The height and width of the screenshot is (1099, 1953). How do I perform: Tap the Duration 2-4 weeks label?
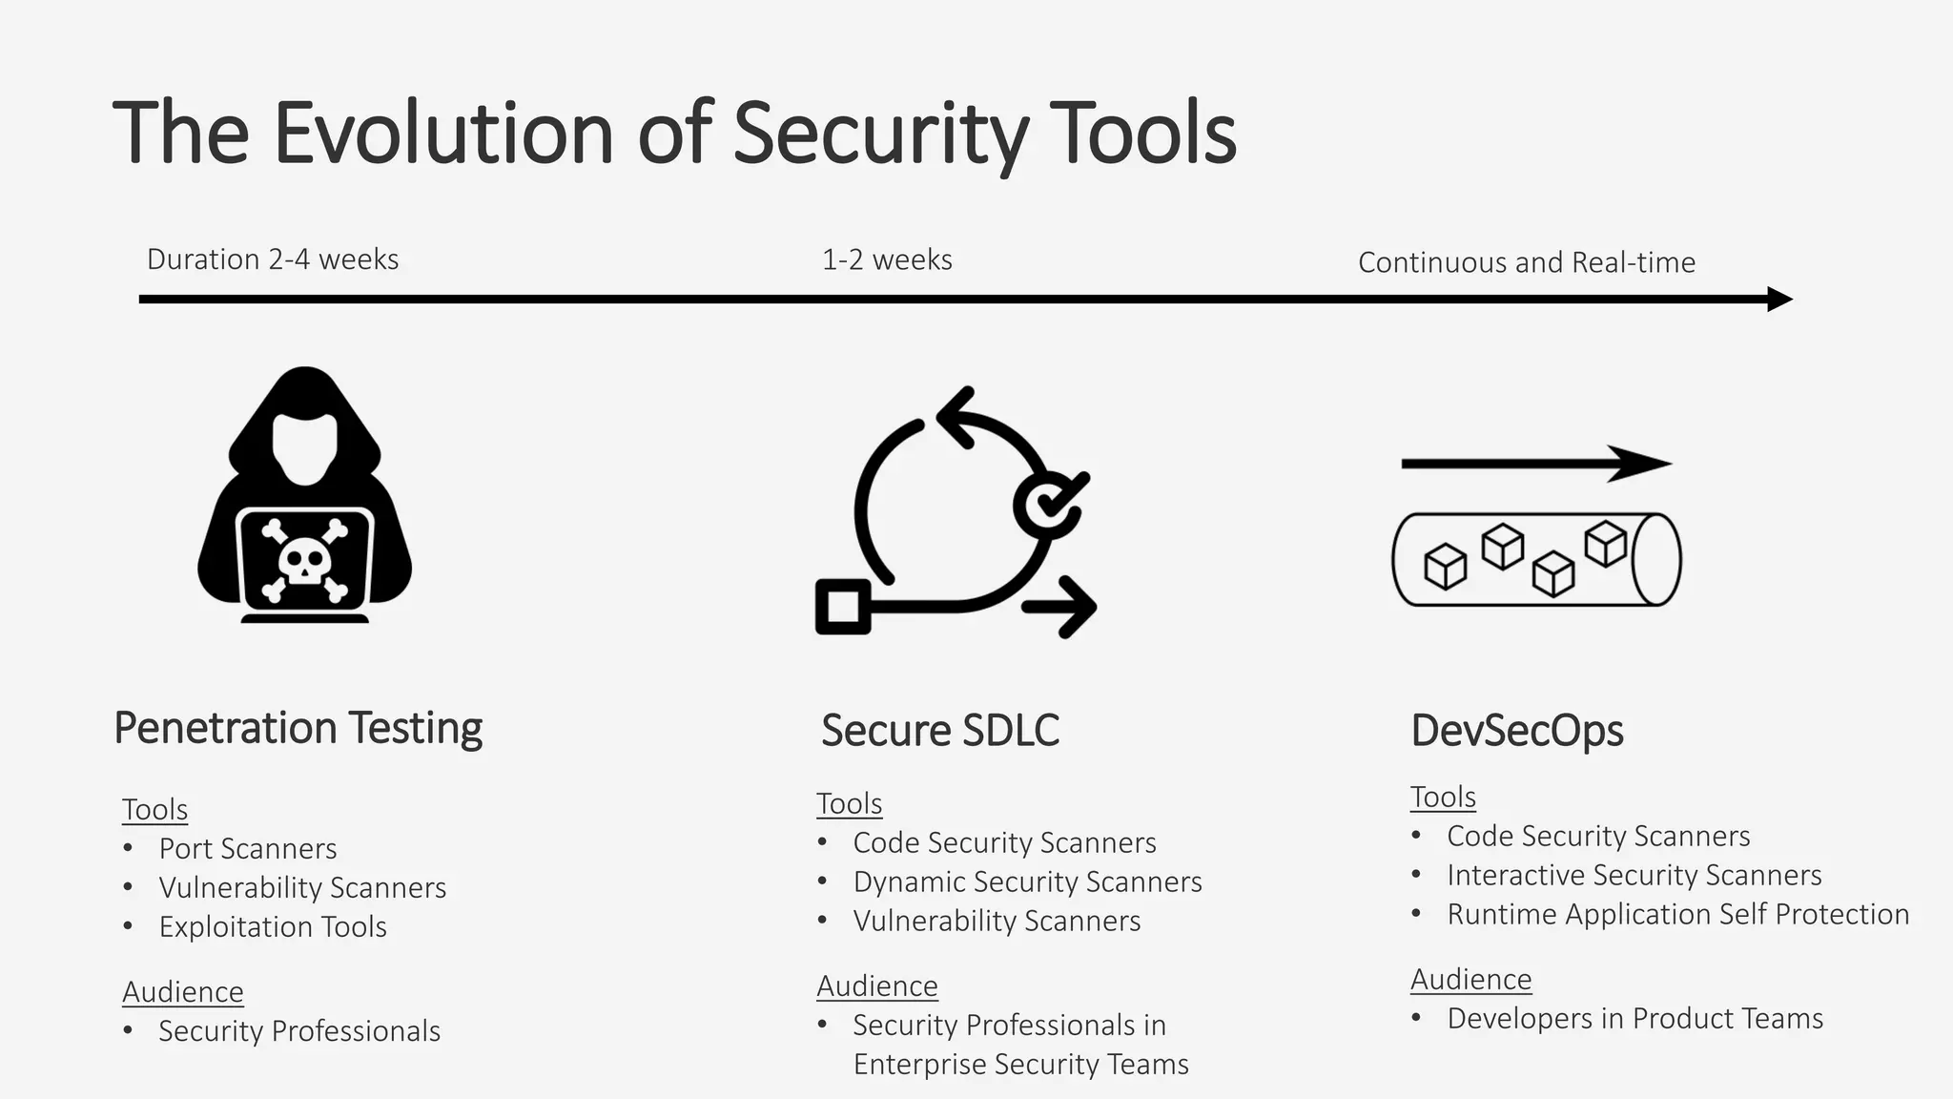coord(273,259)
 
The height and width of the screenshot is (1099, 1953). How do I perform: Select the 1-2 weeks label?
coord(887,259)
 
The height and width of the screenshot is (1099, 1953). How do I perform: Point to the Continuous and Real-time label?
coord(1526,262)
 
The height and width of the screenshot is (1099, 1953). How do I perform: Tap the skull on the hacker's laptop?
coord(304,561)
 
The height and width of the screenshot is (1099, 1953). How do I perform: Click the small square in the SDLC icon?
coord(843,607)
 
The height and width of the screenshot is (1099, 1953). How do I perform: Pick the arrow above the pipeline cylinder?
coord(1535,465)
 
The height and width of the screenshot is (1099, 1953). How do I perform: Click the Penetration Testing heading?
coord(298,728)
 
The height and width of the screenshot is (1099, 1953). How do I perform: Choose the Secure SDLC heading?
coord(939,731)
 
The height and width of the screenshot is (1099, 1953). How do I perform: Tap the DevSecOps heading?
coord(1516,731)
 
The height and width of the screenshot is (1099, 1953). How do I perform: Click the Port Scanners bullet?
coord(247,848)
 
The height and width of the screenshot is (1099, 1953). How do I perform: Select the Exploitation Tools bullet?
coord(272,926)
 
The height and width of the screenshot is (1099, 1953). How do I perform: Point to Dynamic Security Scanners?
coord(1027,881)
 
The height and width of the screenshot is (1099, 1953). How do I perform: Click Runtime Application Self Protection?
coord(1677,914)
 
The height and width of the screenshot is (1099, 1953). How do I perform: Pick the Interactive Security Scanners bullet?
coord(1634,875)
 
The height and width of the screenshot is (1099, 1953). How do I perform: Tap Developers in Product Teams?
coord(1634,1018)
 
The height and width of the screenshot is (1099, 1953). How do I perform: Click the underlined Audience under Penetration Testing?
coord(183,992)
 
